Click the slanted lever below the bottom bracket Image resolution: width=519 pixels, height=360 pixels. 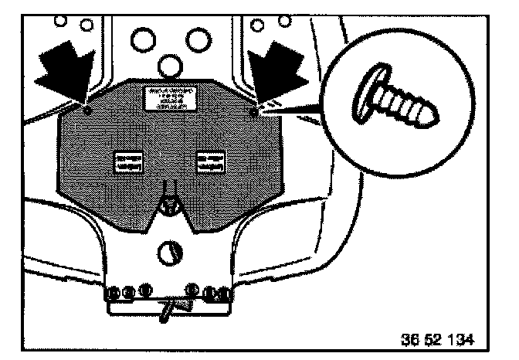[x=168, y=309]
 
